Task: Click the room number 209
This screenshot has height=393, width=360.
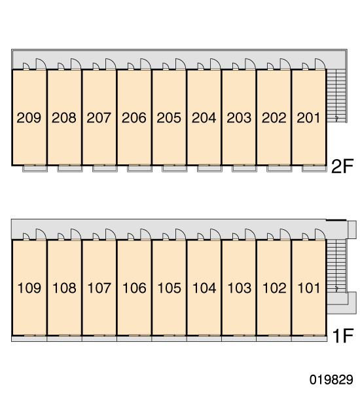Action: (x=29, y=117)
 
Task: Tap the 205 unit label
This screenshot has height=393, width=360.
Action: (x=169, y=117)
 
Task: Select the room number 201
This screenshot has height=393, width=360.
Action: (x=308, y=117)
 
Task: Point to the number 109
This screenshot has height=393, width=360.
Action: (x=29, y=288)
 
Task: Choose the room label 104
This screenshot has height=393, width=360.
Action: (x=204, y=288)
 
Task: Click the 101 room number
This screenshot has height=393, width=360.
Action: (x=309, y=288)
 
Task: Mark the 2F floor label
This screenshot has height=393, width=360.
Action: (x=342, y=166)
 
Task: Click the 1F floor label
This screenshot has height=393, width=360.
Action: (x=343, y=336)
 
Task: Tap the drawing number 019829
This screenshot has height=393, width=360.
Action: (x=331, y=379)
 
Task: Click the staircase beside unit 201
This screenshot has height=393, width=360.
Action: (x=336, y=96)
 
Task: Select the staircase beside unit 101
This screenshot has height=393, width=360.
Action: (x=336, y=266)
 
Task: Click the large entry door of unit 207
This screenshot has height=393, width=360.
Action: (x=111, y=64)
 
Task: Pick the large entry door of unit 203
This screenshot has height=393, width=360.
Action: (x=250, y=64)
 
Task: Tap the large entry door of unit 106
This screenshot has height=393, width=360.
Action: (x=145, y=234)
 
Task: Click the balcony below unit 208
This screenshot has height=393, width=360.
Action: (x=70, y=168)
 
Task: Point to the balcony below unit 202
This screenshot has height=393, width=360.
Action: (x=279, y=168)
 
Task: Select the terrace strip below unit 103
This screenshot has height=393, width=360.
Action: (x=239, y=339)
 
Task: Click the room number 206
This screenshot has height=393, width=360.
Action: (x=134, y=117)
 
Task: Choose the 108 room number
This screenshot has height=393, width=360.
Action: (x=64, y=288)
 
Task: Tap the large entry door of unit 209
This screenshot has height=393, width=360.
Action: (x=41, y=64)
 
